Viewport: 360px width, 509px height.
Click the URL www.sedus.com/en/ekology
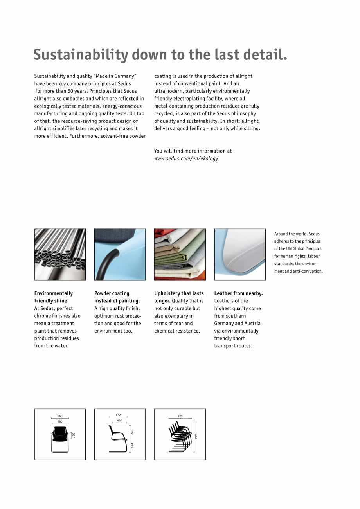[186, 158]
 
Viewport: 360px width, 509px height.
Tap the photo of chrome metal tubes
[60, 254]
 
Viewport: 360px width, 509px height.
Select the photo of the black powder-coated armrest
[120, 254]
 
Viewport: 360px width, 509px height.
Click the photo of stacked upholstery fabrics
[180, 254]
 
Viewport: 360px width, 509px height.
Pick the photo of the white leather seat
[240, 254]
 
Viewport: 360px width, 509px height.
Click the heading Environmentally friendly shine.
[53, 297]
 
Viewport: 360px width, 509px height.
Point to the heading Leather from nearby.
[238, 293]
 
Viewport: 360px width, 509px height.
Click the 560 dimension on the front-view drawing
[60, 416]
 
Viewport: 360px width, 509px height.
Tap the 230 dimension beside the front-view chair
[74, 435]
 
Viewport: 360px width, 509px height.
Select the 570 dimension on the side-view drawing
[118, 415]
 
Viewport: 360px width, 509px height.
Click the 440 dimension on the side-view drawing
[133, 432]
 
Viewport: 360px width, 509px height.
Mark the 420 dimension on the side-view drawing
[133, 445]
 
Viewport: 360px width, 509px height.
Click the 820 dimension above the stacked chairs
[180, 416]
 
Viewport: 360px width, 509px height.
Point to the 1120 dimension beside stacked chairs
[196, 436]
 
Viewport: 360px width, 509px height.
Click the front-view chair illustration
[59, 439]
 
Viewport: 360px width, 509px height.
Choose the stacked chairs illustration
[180, 437]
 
